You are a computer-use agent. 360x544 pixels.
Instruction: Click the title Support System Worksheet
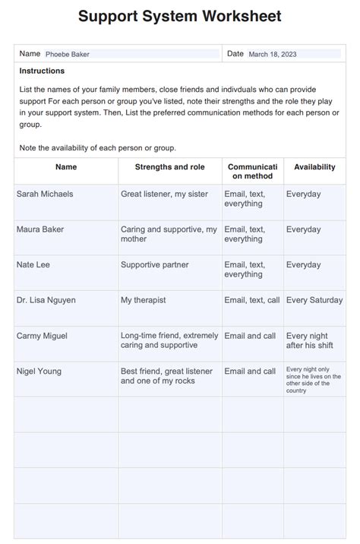(180, 16)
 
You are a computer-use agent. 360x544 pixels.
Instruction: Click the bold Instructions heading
(42, 71)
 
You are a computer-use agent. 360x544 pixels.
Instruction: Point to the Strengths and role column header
(170, 166)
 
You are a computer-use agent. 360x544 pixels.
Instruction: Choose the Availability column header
(314, 166)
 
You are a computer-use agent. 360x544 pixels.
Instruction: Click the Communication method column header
(253, 171)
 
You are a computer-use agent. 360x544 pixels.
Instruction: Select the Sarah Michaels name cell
(45, 194)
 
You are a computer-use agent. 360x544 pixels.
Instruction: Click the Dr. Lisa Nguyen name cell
(46, 300)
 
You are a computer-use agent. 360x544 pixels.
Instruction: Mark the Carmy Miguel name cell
(41, 336)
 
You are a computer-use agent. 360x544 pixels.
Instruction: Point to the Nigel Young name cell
(39, 372)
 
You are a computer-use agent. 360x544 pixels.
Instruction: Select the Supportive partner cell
(155, 264)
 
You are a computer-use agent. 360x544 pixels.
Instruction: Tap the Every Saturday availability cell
(314, 300)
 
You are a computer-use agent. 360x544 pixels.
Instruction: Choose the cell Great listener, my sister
(164, 194)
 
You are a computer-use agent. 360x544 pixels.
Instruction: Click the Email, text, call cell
(252, 300)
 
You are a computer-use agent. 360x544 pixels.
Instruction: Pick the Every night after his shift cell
(308, 340)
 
